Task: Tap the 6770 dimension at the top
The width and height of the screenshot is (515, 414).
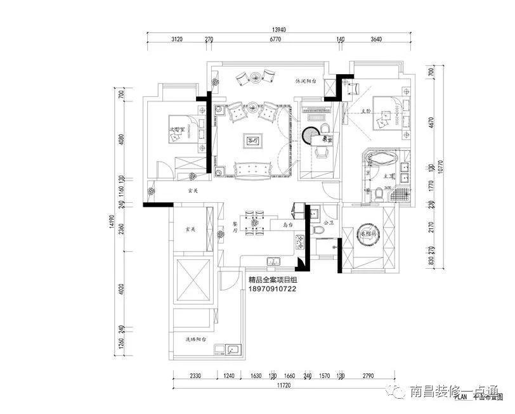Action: [275, 40]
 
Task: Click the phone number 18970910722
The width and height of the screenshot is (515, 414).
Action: [273, 287]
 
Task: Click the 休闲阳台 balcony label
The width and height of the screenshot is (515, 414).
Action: [306, 82]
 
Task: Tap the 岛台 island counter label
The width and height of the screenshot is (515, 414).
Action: [289, 224]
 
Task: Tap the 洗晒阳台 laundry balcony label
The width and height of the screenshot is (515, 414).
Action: [197, 340]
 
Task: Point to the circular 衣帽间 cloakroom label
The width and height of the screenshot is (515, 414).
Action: [369, 232]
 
